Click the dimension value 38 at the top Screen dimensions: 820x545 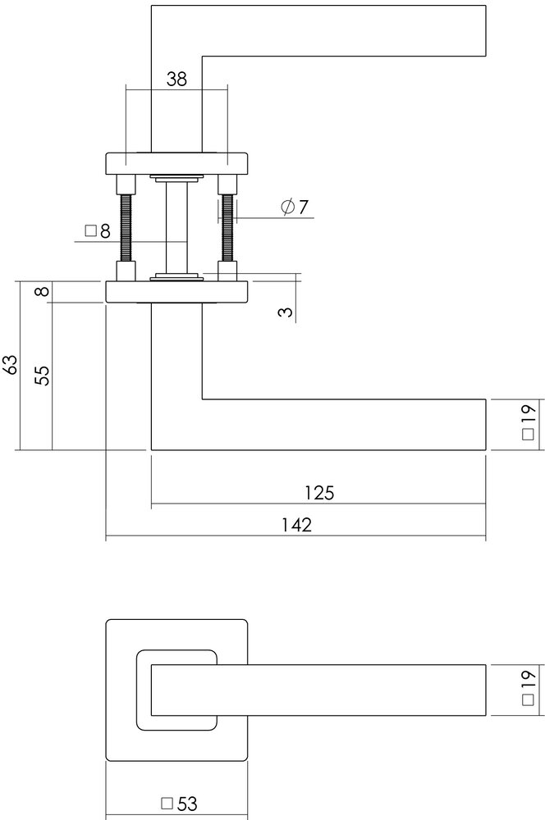(176, 79)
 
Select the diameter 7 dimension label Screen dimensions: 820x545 (294, 207)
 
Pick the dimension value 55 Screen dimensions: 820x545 (43, 375)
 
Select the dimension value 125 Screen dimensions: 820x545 (319, 493)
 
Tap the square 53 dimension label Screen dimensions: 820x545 (180, 804)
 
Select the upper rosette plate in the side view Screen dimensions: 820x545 (176, 164)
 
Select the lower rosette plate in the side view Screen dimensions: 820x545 (176, 292)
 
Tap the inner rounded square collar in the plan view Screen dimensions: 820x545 (141, 689)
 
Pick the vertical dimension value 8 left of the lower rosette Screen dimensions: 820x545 (43, 291)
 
